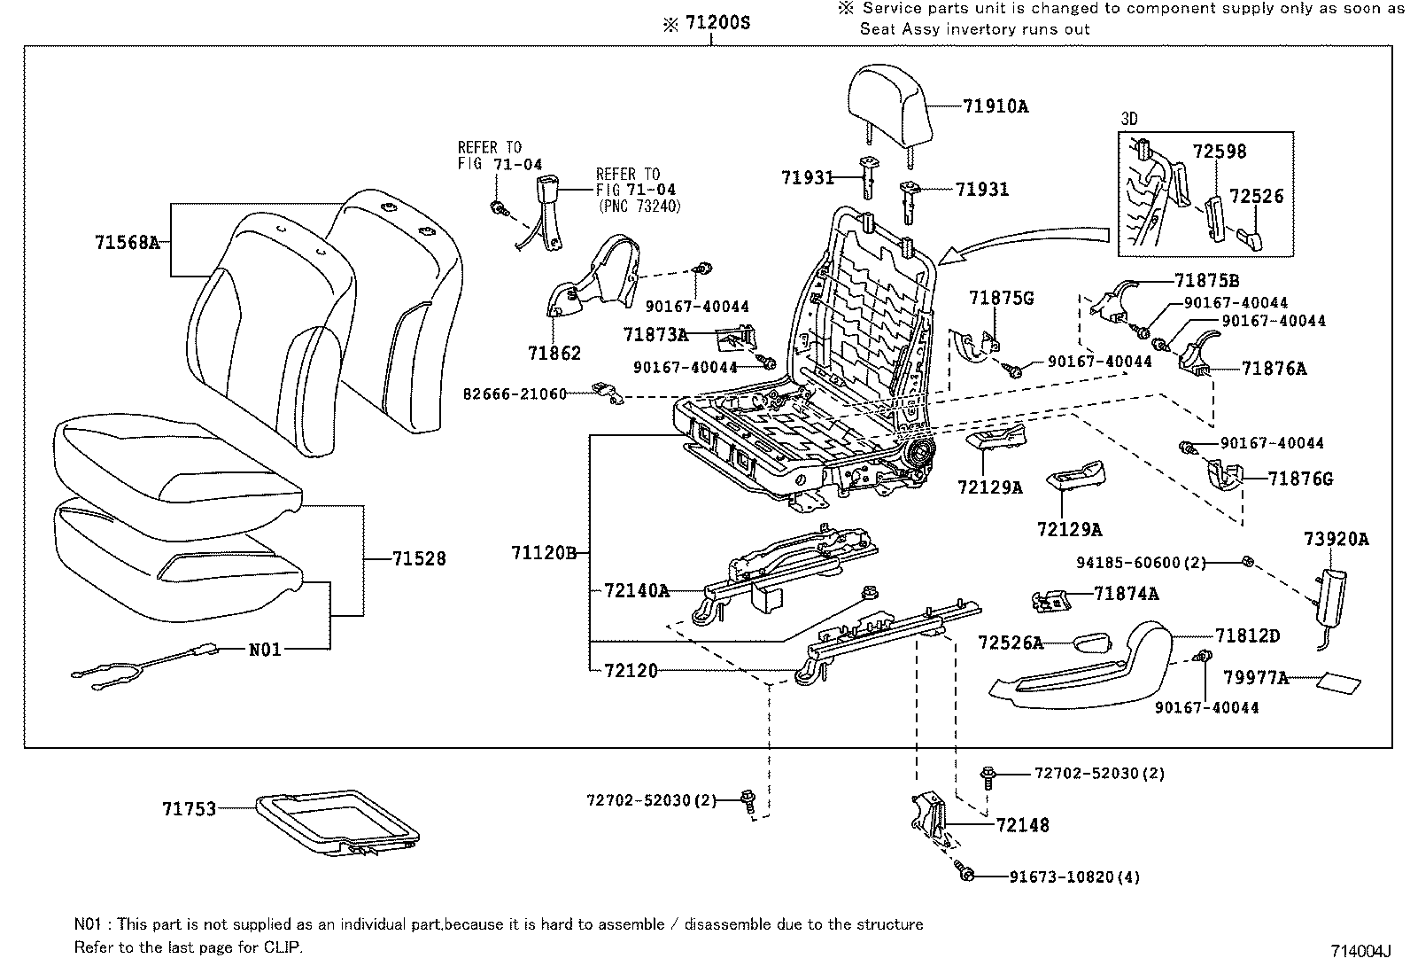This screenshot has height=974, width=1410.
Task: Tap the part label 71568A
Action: [x=127, y=241]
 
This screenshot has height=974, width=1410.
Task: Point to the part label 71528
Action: [x=419, y=559]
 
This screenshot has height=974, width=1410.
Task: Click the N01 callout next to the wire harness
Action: [x=264, y=650]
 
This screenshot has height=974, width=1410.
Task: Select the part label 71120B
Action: [x=544, y=553]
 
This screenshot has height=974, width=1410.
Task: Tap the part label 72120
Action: [x=631, y=671]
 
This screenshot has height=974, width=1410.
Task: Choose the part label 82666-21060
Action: [x=514, y=393]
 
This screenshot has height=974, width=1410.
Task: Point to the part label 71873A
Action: [x=655, y=334]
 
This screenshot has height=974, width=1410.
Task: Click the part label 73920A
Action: [x=1336, y=538]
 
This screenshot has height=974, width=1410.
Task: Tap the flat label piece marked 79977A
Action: [x=1337, y=683]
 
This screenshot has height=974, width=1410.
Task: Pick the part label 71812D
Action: [x=1247, y=636]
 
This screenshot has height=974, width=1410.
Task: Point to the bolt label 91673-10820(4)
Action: [x=1073, y=877]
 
